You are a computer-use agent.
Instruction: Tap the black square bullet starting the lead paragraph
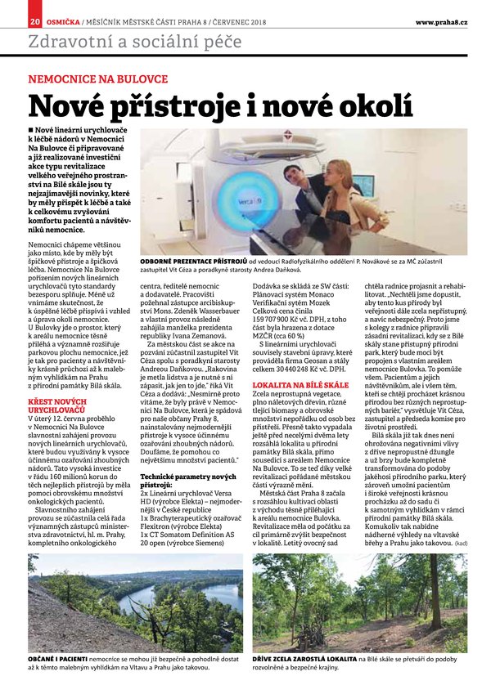click(31, 131)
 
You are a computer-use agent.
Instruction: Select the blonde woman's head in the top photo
click(337, 171)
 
